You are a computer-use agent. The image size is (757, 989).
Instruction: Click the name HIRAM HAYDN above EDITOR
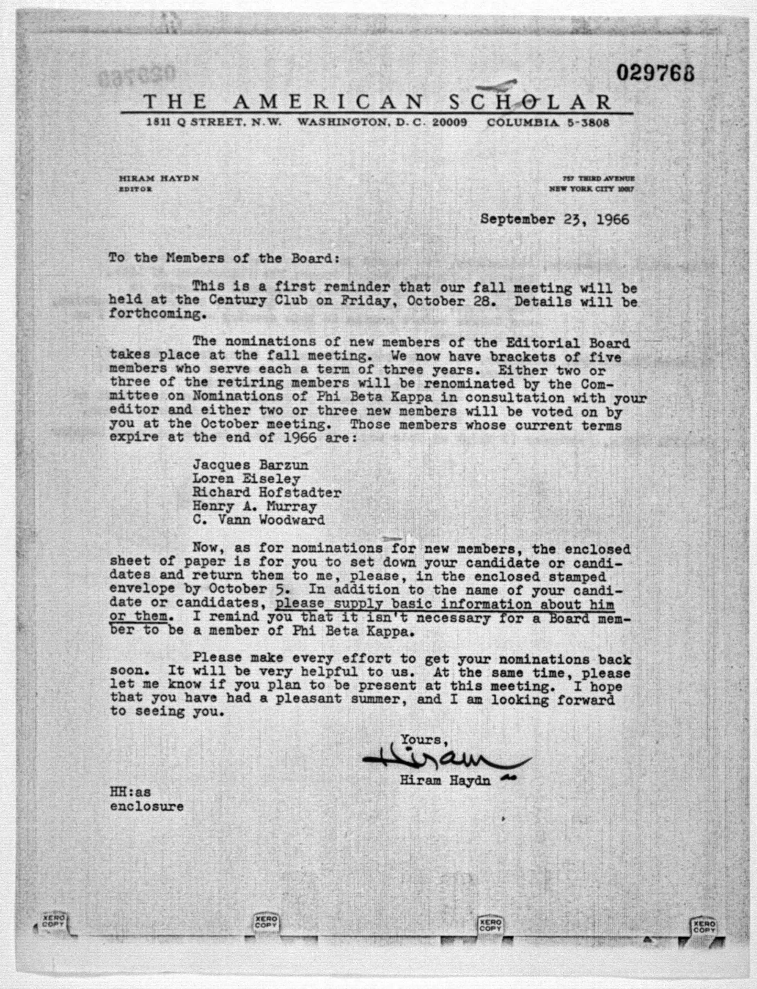(159, 178)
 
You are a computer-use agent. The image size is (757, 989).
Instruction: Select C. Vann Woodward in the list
(259, 520)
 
